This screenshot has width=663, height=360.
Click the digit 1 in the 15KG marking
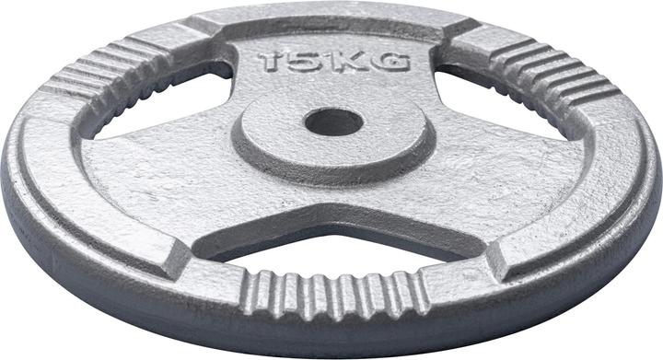269,63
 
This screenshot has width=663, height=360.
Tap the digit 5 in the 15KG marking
298,63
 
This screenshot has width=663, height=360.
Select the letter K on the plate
344,63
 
